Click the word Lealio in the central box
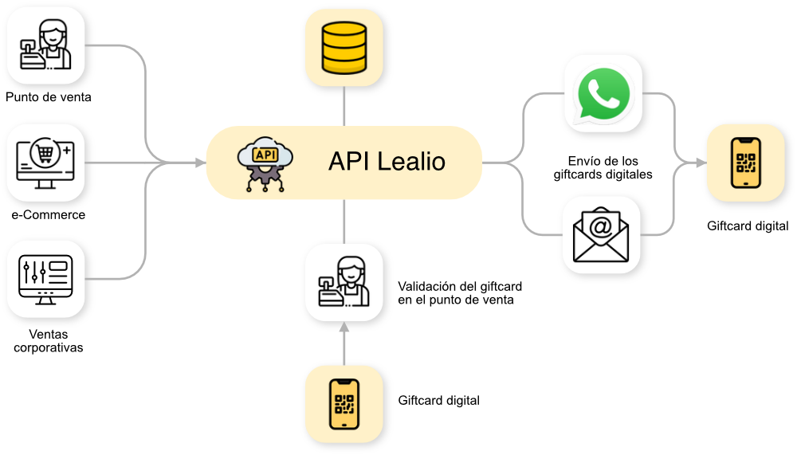[411, 163]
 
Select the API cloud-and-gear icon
[262, 164]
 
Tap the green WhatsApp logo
[602, 94]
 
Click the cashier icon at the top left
[46, 45]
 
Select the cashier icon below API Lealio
[345, 284]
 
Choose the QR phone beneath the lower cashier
[345, 405]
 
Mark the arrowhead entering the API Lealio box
[199, 163]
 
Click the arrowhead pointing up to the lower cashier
[345, 328]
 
